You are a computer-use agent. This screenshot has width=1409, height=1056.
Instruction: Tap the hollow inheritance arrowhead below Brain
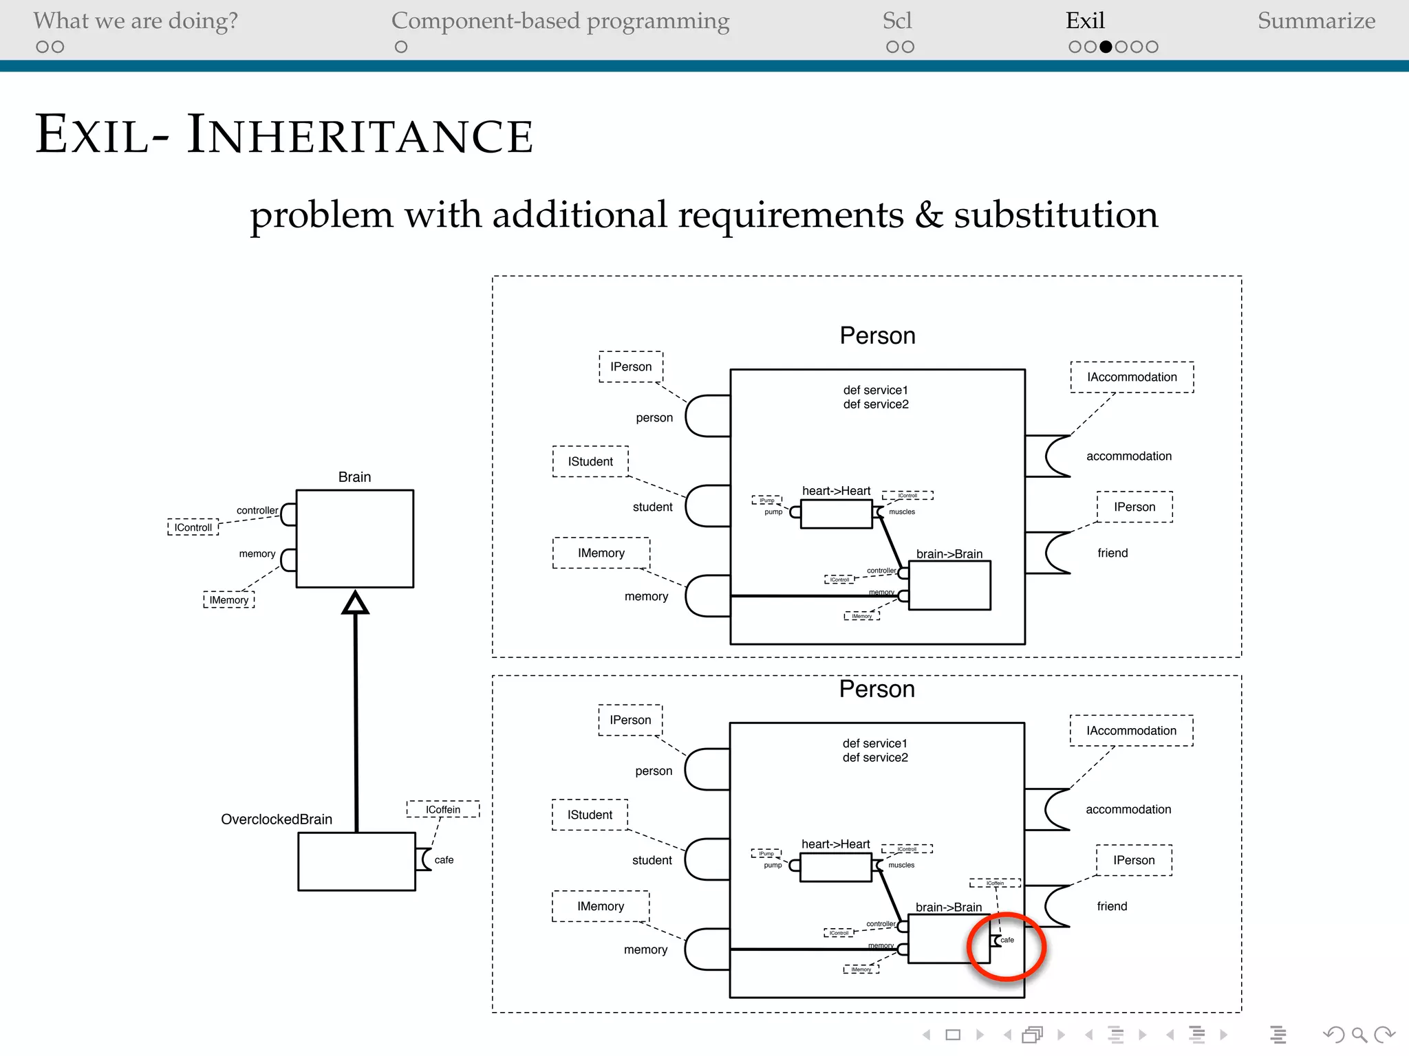click(x=355, y=604)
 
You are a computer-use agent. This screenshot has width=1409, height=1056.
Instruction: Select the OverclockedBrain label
click(x=277, y=819)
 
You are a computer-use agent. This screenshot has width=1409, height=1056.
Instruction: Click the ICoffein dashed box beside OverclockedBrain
click(x=443, y=809)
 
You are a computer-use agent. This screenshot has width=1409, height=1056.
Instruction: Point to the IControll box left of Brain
click(x=193, y=527)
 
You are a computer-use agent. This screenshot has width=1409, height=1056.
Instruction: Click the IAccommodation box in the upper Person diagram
click(x=1132, y=377)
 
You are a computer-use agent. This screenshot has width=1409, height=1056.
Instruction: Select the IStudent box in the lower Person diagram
click(x=590, y=815)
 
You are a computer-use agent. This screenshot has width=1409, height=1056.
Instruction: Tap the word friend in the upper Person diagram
click(x=1112, y=553)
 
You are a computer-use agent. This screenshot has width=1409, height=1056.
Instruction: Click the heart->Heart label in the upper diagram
click(x=836, y=491)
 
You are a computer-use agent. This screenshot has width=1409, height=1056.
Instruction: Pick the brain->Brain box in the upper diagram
click(x=949, y=585)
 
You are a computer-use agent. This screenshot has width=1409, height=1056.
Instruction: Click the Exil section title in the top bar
click(x=1085, y=21)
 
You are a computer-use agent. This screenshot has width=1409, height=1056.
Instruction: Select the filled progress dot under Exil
click(x=1106, y=47)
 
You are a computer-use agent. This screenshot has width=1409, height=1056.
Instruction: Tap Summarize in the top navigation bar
click(x=1316, y=21)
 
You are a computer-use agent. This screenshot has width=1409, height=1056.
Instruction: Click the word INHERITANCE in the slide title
click(x=360, y=135)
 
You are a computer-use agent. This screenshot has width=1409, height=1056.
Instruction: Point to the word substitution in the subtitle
click(x=1055, y=214)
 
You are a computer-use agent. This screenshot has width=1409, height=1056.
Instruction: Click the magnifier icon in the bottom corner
click(x=1359, y=1034)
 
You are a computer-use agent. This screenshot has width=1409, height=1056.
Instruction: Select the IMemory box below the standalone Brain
click(x=229, y=600)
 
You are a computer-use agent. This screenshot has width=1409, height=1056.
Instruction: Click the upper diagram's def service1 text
click(x=875, y=390)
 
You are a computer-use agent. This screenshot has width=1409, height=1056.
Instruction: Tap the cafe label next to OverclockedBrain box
click(x=444, y=860)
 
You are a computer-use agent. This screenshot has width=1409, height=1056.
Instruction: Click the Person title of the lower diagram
click(x=876, y=689)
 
